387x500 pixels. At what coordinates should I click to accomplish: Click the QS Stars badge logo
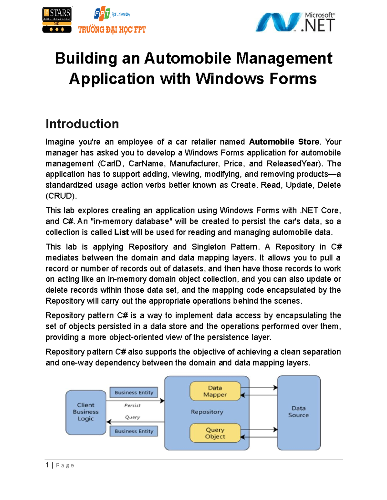(57, 20)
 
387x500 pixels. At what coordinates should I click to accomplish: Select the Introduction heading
(82, 124)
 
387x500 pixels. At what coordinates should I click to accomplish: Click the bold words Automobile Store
(284, 142)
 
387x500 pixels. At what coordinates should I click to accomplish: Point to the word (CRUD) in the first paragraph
(61, 196)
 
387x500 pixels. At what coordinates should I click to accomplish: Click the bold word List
(122, 232)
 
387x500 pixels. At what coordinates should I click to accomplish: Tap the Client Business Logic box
(86, 412)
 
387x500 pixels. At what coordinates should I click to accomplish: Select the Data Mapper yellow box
(215, 391)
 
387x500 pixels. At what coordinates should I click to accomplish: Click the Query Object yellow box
(215, 433)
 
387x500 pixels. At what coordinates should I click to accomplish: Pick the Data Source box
(299, 412)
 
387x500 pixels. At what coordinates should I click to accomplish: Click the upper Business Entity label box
(134, 392)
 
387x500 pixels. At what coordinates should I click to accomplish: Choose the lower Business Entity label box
(134, 431)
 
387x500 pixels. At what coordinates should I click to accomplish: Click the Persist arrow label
(132, 405)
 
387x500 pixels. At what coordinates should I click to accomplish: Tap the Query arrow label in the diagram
(132, 417)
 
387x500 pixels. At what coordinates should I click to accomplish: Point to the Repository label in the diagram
(207, 412)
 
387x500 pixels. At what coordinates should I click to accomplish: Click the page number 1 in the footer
(47, 465)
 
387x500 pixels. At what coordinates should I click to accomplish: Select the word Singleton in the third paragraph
(208, 247)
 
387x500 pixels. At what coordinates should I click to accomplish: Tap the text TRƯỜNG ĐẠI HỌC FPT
(112, 30)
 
